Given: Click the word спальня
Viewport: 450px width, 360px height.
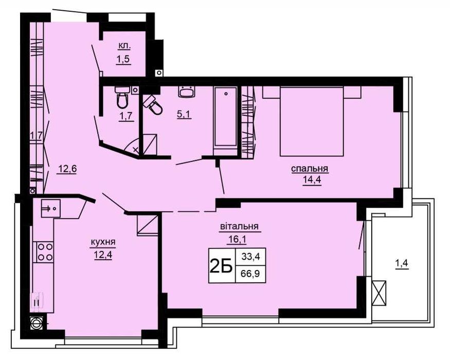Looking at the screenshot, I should point(310,169).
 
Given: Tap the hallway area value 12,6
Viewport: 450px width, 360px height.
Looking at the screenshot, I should point(66,168).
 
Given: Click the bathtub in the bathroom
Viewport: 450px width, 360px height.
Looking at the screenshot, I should point(225,118).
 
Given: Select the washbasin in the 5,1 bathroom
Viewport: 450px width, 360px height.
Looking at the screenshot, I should point(186,93).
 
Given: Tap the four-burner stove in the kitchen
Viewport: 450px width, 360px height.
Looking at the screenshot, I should point(44,252).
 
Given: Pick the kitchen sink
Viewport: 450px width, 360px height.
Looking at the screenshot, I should point(49,208).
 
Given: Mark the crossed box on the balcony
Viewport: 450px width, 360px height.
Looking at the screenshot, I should point(380,292).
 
